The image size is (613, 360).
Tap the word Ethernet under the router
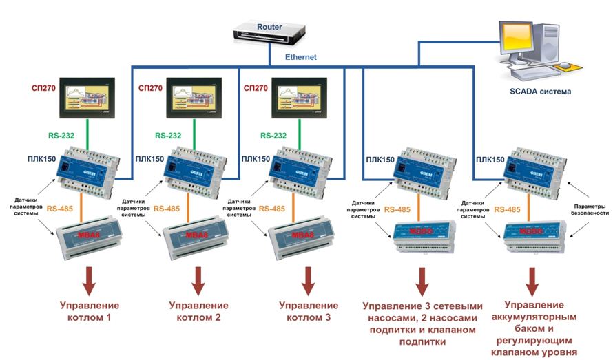pyautogui.click(x=301, y=58)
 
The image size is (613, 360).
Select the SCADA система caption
pyautogui.click(x=539, y=91)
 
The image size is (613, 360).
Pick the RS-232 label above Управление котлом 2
pyautogui.click(x=169, y=136)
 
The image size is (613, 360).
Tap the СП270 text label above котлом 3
pyautogui.click(x=259, y=89)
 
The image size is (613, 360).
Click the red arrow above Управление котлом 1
pyautogui.click(x=89, y=281)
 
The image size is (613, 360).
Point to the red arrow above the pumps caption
pyautogui.click(x=422, y=281)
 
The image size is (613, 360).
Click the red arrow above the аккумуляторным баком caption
pyautogui.click(x=532, y=281)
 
